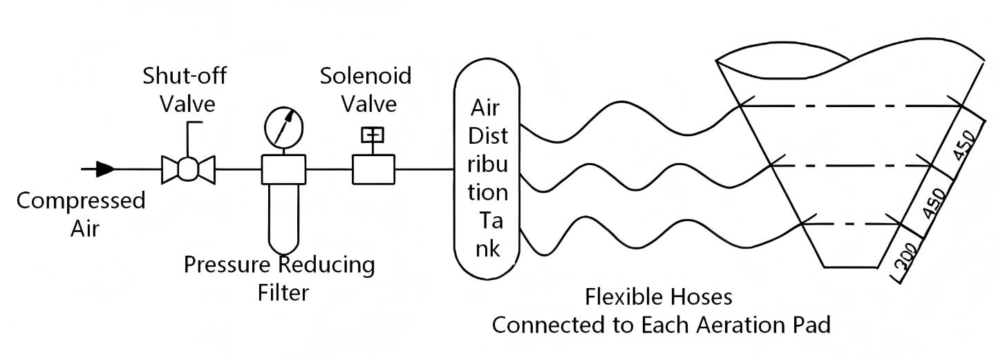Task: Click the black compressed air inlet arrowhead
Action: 105,169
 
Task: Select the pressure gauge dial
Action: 283,127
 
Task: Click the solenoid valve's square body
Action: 373,169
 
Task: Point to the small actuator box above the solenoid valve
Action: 373,135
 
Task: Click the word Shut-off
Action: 185,75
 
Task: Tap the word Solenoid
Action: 365,75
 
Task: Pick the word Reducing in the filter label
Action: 327,265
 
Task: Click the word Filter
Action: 283,293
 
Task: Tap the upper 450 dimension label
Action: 964,145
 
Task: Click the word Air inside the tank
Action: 485,108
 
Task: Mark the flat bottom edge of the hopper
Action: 851,267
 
